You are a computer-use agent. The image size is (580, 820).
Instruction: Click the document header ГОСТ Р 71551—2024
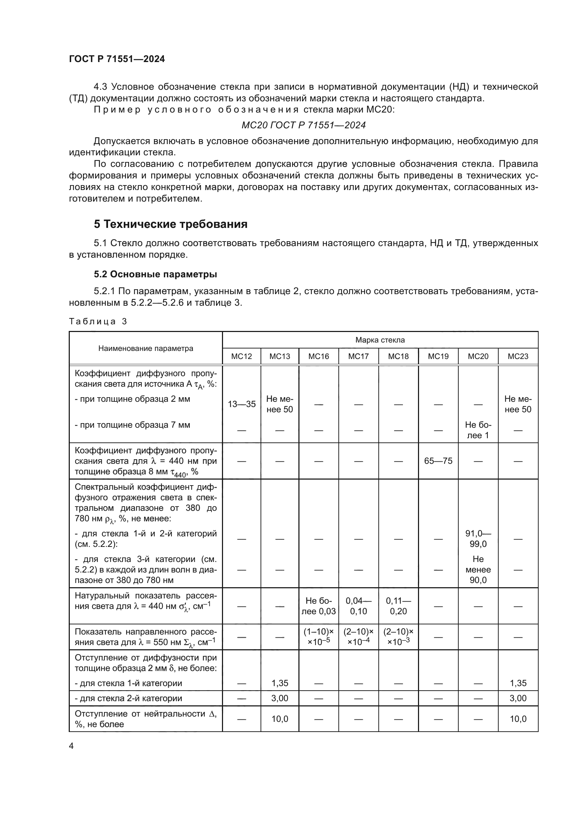[117, 59]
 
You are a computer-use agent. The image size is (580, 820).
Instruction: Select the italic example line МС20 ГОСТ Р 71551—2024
[304, 125]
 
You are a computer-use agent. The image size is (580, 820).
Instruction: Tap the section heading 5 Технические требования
[171, 224]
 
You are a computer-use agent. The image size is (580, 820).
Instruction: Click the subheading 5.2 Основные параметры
[155, 274]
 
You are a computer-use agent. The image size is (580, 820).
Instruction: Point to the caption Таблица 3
[98, 321]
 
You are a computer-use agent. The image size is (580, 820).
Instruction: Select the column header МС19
[438, 357]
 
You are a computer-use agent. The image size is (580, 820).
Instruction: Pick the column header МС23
[518, 357]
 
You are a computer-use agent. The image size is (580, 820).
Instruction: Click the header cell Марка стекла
[380, 340]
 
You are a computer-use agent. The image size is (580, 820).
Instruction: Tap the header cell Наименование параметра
[146, 348]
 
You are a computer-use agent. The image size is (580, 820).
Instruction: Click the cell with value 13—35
[242, 404]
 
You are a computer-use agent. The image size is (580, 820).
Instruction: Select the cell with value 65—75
[438, 461]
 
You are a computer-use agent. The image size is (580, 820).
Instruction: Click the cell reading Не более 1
[478, 430]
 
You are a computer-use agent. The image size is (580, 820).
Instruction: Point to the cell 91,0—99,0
[478, 538]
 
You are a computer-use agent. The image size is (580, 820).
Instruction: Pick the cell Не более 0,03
[318, 606]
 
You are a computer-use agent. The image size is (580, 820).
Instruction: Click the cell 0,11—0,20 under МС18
[398, 606]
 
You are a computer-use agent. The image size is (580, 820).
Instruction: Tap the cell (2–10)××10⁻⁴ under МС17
[358, 637]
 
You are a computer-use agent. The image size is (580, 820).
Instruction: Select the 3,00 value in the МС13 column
[279, 698]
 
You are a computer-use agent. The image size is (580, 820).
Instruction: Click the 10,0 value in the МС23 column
[518, 719]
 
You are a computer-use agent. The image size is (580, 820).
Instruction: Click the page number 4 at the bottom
[71, 746]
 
